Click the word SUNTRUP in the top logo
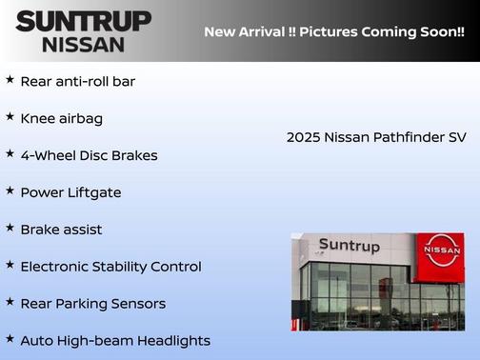(83, 21)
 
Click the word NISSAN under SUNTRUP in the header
(83, 44)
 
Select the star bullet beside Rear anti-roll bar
(10, 80)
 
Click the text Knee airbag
(61, 118)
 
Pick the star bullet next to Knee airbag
(10, 117)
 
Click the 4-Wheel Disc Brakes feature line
(89, 155)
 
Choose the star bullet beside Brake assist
(10, 229)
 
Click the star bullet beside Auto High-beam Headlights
(10, 339)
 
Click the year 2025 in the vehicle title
(303, 137)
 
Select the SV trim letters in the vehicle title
(457, 137)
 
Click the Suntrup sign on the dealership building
(349, 246)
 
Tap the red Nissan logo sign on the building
(442, 250)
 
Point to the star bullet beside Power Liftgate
(10, 191)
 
